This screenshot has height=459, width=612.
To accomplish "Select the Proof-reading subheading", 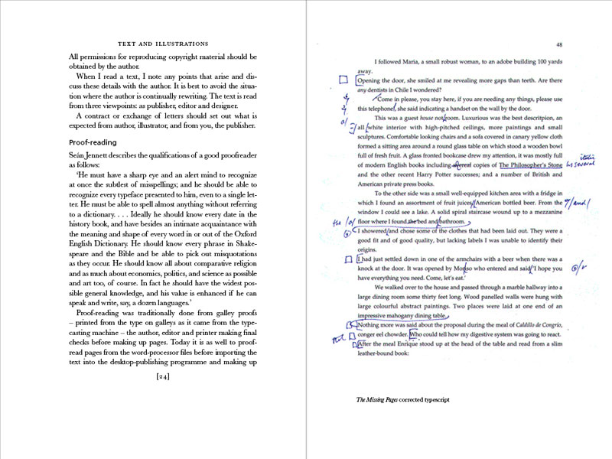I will (x=93, y=142).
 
